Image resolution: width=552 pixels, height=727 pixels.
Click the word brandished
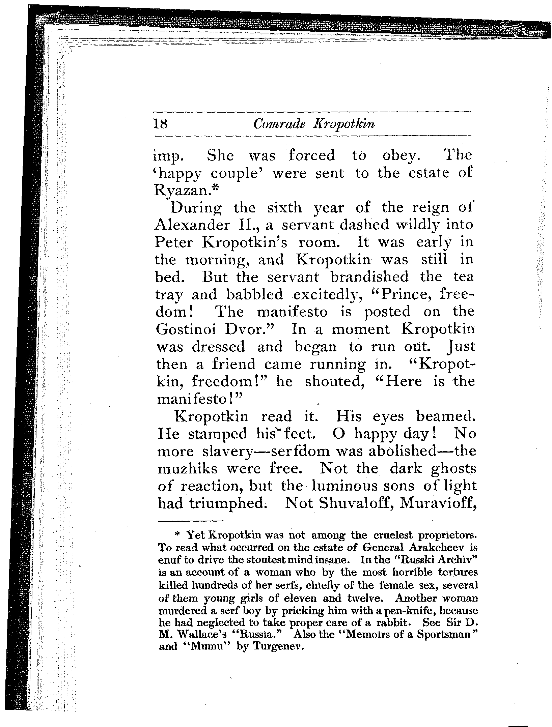[369, 277]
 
